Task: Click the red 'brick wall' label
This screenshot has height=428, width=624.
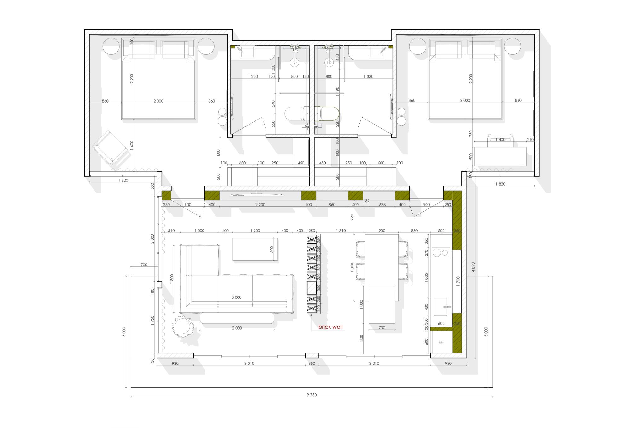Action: (x=330, y=327)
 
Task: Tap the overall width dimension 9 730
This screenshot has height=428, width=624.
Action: (x=312, y=395)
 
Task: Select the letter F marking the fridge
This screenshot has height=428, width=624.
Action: (x=441, y=342)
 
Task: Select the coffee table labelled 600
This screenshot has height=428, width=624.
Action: (x=255, y=249)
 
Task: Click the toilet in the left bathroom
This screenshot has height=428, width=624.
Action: (x=297, y=113)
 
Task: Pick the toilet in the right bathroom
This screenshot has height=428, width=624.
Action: (x=326, y=113)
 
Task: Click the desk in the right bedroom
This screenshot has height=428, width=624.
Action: (x=500, y=157)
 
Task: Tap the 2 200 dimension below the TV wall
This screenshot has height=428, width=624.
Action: (x=260, y=205)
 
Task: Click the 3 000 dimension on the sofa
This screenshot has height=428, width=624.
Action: (x=236, y=297)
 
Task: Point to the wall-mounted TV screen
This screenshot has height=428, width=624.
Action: (x=256, y=195)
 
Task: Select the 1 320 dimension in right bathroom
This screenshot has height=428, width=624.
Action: (x=368, y=76)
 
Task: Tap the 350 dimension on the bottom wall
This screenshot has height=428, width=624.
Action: (x=312, y=363)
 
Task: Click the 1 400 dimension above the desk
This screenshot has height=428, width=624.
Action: (x=500, y=139)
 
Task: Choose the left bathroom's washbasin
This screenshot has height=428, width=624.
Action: (x=247, y=52)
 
